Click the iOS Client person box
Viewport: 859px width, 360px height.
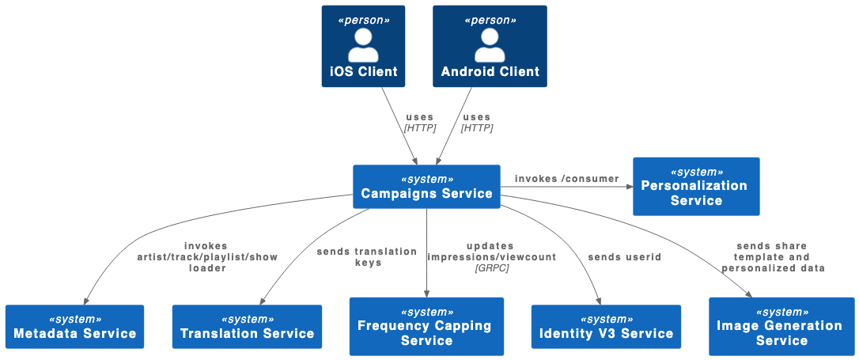363,46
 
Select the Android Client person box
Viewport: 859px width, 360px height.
490,46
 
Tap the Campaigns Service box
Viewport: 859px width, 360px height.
426,187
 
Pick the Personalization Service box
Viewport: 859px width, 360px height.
696,186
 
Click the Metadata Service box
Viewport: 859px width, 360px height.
75,327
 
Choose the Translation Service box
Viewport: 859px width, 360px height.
247,327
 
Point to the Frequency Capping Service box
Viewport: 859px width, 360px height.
426,326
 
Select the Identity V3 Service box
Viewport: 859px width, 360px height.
606,327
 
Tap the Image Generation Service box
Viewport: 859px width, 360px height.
781,326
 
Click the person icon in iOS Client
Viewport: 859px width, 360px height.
363,45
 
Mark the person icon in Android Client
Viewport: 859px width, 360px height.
490,45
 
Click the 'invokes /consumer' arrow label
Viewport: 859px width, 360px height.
566,179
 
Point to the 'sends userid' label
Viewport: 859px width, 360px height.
624,257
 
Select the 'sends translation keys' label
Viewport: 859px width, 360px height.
367,257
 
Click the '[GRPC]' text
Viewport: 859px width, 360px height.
492,268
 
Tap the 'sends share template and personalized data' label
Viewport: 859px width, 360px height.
772,257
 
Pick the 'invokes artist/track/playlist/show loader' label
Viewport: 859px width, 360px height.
206,257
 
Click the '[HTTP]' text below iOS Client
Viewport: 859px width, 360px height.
420,127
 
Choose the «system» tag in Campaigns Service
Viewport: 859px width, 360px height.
427,179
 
